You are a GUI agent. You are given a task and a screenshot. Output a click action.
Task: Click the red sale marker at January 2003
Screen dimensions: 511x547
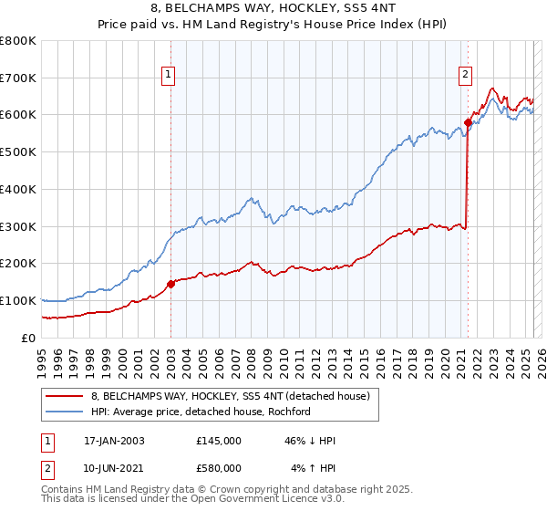pos(170,284)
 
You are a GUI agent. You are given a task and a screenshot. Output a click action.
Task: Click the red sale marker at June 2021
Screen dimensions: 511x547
pos(468,121)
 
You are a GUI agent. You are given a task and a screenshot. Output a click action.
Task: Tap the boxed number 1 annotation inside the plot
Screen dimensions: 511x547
pos(170,76)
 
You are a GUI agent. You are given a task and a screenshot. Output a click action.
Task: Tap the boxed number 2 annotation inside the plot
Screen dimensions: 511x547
pos(465,76)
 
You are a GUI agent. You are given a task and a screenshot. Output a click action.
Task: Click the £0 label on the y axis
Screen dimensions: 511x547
pos(29,338)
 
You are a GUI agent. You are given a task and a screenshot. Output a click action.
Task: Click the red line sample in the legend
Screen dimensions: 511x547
pos(66,397)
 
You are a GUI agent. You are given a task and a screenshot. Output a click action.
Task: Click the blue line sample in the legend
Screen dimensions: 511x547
pos(66,412)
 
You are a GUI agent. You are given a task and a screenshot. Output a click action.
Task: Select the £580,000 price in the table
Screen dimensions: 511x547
pos(219,468)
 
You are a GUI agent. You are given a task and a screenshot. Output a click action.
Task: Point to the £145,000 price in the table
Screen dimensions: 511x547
pos(219,441)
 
